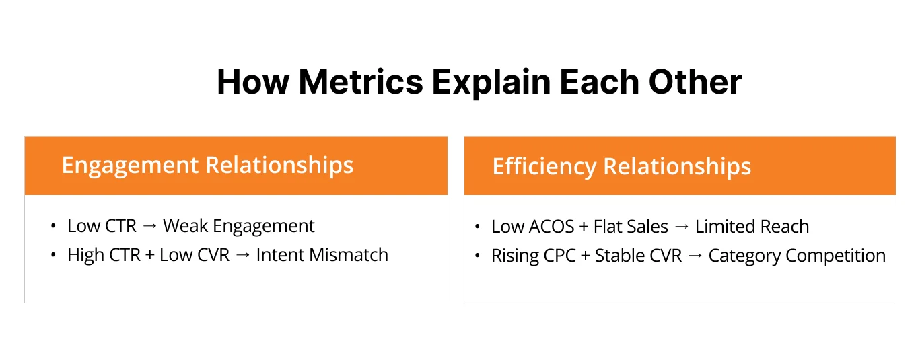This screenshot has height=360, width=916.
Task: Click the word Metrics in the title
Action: point(361,82)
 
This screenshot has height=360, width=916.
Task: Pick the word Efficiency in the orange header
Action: point(544,166)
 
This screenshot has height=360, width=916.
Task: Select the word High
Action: point(83,255)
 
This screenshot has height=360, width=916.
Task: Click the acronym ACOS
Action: point(552,227)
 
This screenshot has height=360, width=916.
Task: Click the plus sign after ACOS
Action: point(584,227)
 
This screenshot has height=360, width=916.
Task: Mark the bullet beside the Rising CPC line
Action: point(477,256)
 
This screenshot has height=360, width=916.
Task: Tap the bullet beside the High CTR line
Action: point(53,256)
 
